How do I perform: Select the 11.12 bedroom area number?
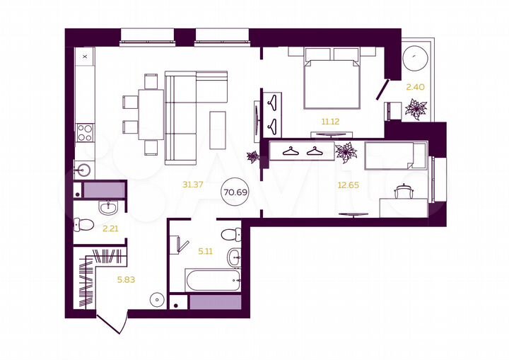click(x=330, y=122)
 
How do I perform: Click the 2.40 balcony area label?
click(x=414, y=88)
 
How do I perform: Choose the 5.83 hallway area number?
click(x=126, y=279)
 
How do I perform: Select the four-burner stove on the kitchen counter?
click(x=85, y=132)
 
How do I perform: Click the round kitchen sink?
click(x=84, y=170)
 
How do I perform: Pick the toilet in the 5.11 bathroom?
click(x=230, y=235)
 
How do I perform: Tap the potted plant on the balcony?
click(x=416, y=110)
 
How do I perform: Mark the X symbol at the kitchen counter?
click(x=85, y=54)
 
